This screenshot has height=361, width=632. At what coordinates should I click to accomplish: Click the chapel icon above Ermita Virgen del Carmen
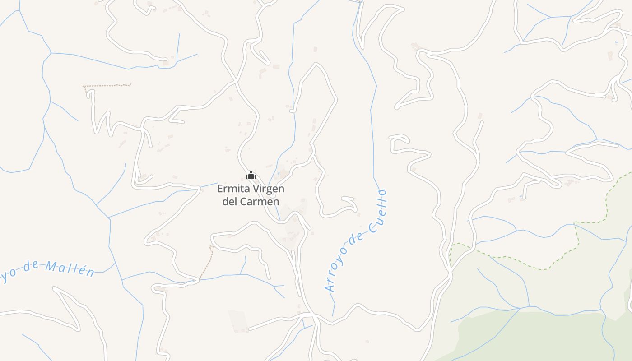click(251, 175)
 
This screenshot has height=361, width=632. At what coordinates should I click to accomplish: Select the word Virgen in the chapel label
click(269, 189)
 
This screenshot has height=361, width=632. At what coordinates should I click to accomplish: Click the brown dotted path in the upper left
click(108, 85)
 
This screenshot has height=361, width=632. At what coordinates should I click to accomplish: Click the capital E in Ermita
click(221, 189)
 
